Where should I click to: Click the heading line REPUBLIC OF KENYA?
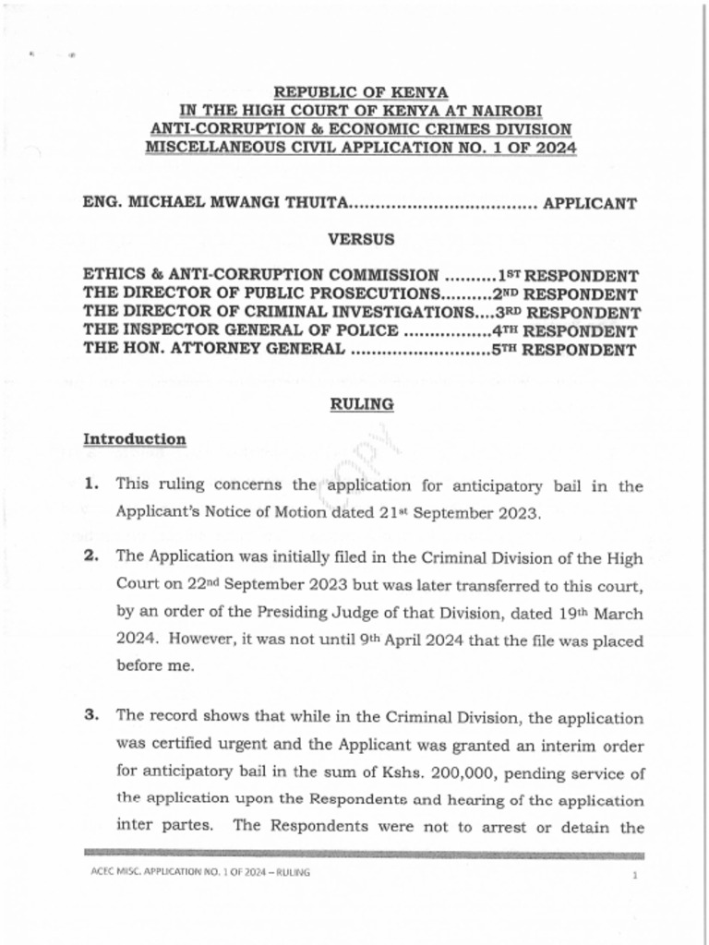[x=361, y=92]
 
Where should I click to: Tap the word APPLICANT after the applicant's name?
[x=589, y=204]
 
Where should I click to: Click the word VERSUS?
[x=361, y=239]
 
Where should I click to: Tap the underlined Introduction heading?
[x=135, y=439]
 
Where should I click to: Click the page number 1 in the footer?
[x=636, y=874]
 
